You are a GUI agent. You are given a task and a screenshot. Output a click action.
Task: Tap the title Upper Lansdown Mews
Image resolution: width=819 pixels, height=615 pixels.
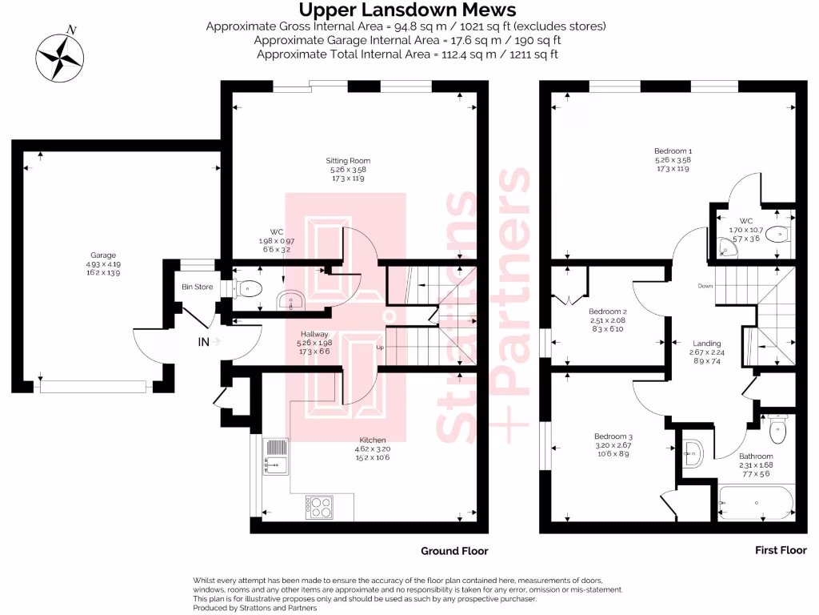(x=407, y=10)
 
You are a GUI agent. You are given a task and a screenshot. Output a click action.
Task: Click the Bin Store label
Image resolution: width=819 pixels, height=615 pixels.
(x=198, y=287)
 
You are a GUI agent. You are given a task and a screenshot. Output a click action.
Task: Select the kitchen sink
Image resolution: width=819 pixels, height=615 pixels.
(x=275, y=465)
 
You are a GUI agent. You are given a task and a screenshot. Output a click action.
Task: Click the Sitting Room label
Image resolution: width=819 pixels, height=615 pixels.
(x=350, y=161)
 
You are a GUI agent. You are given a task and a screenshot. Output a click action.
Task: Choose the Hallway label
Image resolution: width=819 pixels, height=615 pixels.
(x=315, y=334)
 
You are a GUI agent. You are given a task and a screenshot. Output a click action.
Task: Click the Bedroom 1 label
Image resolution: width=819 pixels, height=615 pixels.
(x=673, y=151)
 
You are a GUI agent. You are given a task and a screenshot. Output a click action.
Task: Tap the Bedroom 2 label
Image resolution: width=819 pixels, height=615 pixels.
(x=607, y=312)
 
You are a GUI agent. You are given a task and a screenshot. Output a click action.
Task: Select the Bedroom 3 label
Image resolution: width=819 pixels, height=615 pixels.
(x=592, y=437)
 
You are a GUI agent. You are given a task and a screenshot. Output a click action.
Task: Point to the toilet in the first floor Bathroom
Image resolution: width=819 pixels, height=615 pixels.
(x=777, y=432)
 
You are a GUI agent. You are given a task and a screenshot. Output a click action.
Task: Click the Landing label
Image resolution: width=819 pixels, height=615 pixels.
(x=706, y=344)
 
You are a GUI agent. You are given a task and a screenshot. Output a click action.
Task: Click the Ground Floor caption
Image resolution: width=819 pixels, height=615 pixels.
(x=454, y=551)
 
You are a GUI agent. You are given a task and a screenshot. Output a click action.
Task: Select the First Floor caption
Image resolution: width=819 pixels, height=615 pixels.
(x=781, y=550)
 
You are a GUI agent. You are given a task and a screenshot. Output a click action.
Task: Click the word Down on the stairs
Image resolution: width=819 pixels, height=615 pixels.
(x=705, y=286)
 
